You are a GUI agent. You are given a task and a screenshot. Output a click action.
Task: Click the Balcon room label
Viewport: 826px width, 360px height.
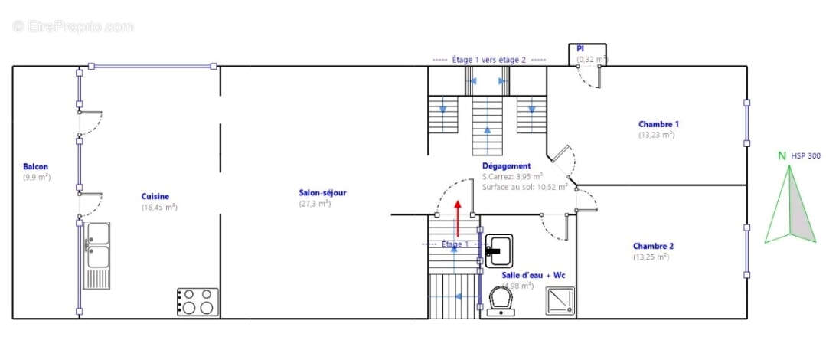point(36,167)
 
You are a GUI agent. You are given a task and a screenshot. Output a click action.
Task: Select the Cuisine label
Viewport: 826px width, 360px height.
point(155,197)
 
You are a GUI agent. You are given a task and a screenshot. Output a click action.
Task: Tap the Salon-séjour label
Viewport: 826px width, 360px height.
point(322,193)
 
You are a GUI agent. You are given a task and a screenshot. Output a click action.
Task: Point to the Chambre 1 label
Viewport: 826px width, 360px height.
point(658,124)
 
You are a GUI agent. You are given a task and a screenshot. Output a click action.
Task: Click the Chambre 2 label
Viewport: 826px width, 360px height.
point(653,247)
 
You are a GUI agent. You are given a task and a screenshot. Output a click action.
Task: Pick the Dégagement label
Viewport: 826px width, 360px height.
point(506,166)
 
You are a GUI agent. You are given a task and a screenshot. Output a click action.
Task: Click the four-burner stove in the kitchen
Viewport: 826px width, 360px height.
point(198,302)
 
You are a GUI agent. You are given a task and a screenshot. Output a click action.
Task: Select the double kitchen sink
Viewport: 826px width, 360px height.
point(98,246)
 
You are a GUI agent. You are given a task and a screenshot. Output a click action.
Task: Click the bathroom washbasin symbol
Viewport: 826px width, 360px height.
point(498,248)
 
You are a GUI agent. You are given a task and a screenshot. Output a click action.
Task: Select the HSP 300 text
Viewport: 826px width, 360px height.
point(805,156)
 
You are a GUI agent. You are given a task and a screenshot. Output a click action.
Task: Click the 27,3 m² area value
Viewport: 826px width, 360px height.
point(315,204)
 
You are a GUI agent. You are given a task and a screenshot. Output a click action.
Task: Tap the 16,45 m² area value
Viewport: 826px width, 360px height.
point(159,208)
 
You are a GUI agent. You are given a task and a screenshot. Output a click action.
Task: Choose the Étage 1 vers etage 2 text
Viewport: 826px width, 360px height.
point(488,60)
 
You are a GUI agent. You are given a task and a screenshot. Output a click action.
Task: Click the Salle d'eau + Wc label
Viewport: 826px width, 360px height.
point(530,275)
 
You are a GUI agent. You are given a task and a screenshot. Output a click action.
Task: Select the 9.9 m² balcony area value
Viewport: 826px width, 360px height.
point(37,178)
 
